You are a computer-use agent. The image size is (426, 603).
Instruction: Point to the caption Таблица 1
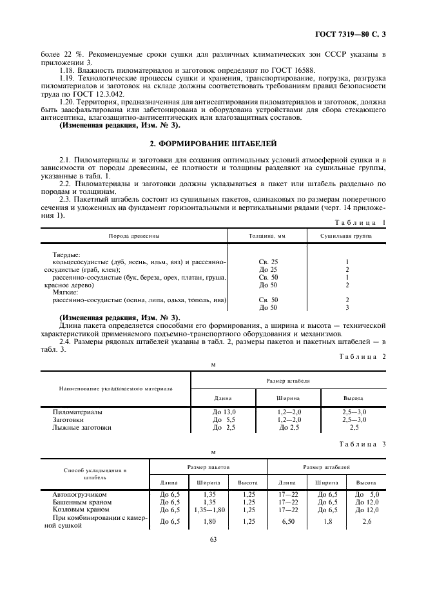click(x=363, y=222)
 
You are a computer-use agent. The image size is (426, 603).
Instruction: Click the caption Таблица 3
click(x=363, y=444)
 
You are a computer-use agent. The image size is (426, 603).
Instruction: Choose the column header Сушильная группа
click(x=347, y=235)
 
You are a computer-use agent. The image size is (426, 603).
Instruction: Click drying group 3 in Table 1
click(x=347, y=308)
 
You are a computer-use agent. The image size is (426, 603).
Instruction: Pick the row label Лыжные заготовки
click(x=82, y=427)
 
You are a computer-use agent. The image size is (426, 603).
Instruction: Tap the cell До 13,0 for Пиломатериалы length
click(x=224, y=412)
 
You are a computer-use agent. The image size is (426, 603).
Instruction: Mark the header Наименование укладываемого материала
click(x=116, y=388)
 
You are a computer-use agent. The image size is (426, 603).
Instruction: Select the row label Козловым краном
click(x=81, y=510)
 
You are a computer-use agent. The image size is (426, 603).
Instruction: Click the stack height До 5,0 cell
click(x=366, y=494)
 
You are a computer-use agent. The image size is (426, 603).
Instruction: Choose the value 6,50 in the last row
click(x=287, y=521)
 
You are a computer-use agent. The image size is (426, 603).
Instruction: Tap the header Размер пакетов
click(x=208, y=466)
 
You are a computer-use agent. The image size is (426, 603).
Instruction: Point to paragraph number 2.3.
click(x=65, y=199)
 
